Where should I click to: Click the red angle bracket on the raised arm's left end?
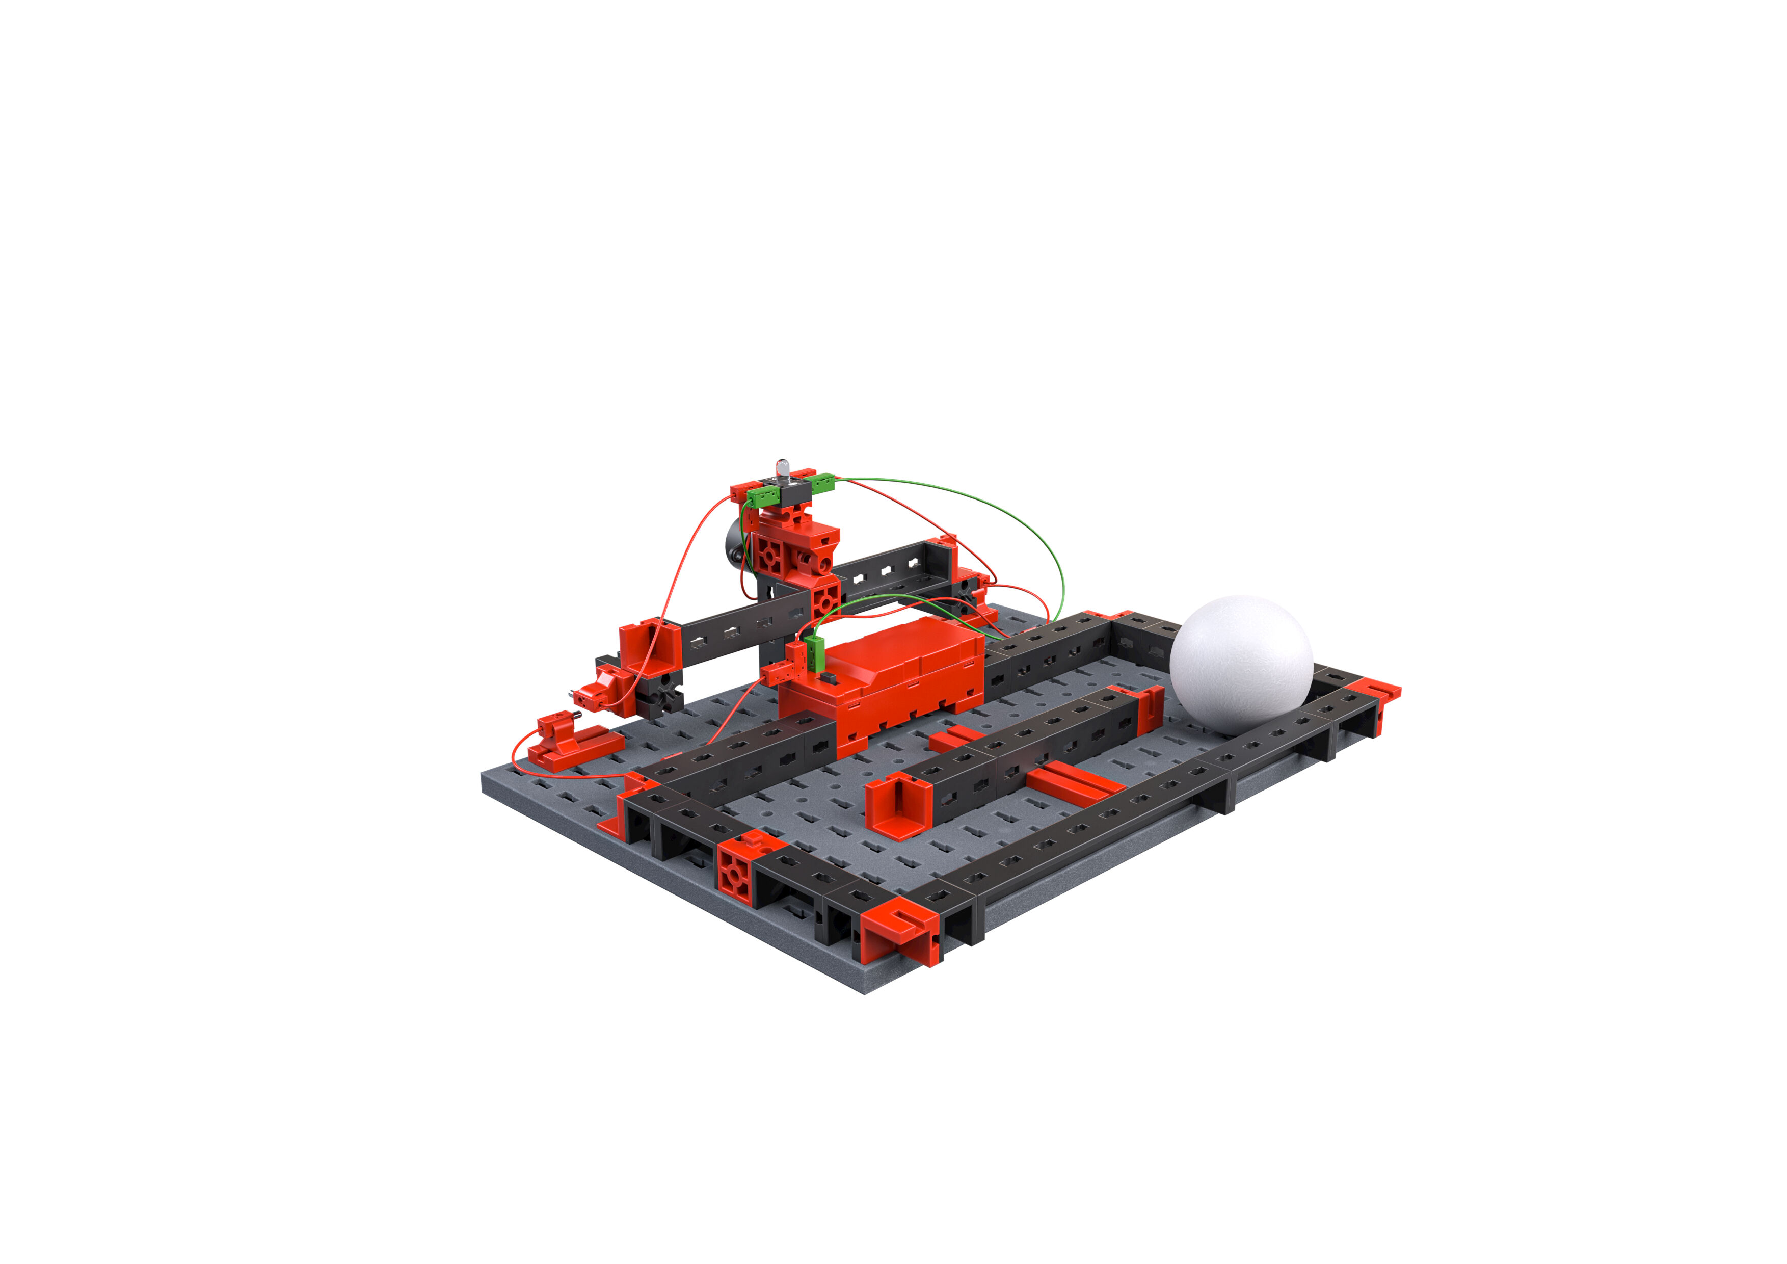point(650,645)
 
